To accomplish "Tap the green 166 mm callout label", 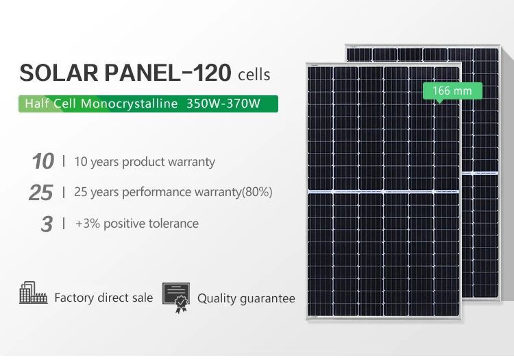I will [453, 91].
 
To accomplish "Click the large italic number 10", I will [42, 162].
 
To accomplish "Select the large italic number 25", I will [41, 193].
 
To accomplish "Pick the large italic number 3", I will [47, 224].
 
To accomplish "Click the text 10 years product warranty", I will [145, 162].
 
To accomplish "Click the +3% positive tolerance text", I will [136, 224].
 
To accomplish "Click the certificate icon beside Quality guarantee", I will [176, 297].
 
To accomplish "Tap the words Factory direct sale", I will [103, 298].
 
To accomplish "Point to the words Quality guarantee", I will [246, 298].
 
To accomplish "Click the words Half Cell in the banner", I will [49, 104].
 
